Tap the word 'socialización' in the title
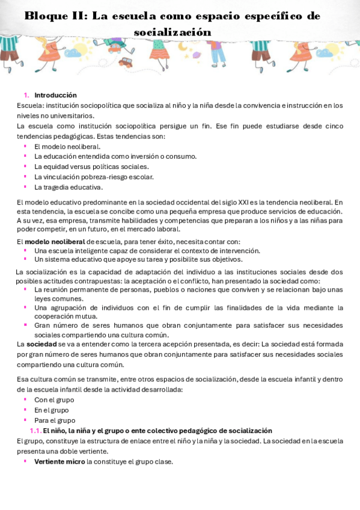tap(172, 32)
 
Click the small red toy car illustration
tap(125, 61)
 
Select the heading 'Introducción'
tap(55, 95)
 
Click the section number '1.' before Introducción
tap(26, 95)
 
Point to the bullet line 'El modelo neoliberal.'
tap(67, 146)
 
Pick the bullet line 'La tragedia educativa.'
tap(69, 187)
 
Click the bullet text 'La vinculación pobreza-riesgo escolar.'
tap(94, 177)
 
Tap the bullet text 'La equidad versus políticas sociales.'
tap(91, 167)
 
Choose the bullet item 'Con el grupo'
tap(53, 399)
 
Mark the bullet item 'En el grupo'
tap(52, 410)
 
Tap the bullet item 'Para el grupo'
tap(55, 420)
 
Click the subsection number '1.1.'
tap(35, 431)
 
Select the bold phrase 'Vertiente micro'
tap(59, 462)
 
